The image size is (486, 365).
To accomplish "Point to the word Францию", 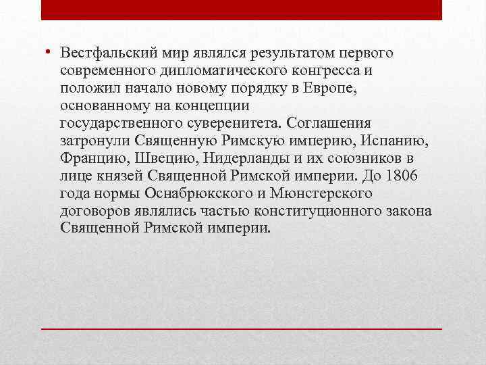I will pos(88,159).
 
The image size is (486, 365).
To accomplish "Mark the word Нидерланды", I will pos(239,159).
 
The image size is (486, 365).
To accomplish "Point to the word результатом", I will pos(267,53).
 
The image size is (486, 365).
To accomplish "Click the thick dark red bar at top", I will pos(242,9).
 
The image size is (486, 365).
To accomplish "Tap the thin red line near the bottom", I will pos(242,328).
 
